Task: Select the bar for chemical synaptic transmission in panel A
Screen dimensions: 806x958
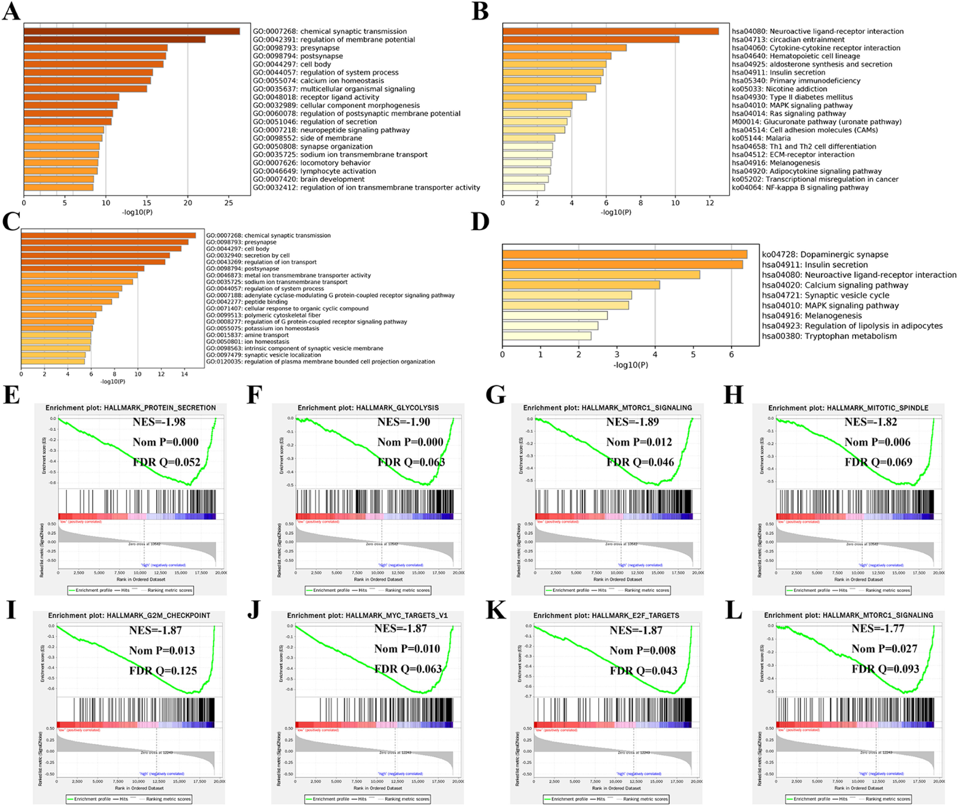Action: coord(132,31)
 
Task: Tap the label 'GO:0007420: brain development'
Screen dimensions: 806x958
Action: coord(308,179)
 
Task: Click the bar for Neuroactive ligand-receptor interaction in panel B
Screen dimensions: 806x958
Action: coord(611,31)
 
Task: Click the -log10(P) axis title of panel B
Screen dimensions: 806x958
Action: coord(616,213)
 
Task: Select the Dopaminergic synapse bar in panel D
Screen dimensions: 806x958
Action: coord(625,254)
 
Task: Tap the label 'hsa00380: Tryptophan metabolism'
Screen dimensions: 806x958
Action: coord(829,336)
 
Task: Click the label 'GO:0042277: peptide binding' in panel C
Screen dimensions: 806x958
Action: coord(247,301)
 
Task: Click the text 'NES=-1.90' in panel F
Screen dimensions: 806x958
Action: coord(403,422)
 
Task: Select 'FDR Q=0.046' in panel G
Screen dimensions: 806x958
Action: coord(640,462)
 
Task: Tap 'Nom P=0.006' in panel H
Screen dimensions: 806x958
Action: coord(877,442)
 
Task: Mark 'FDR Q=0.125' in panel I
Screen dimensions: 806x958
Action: coord(163,671)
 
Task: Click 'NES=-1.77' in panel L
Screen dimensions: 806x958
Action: coord(878,629)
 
